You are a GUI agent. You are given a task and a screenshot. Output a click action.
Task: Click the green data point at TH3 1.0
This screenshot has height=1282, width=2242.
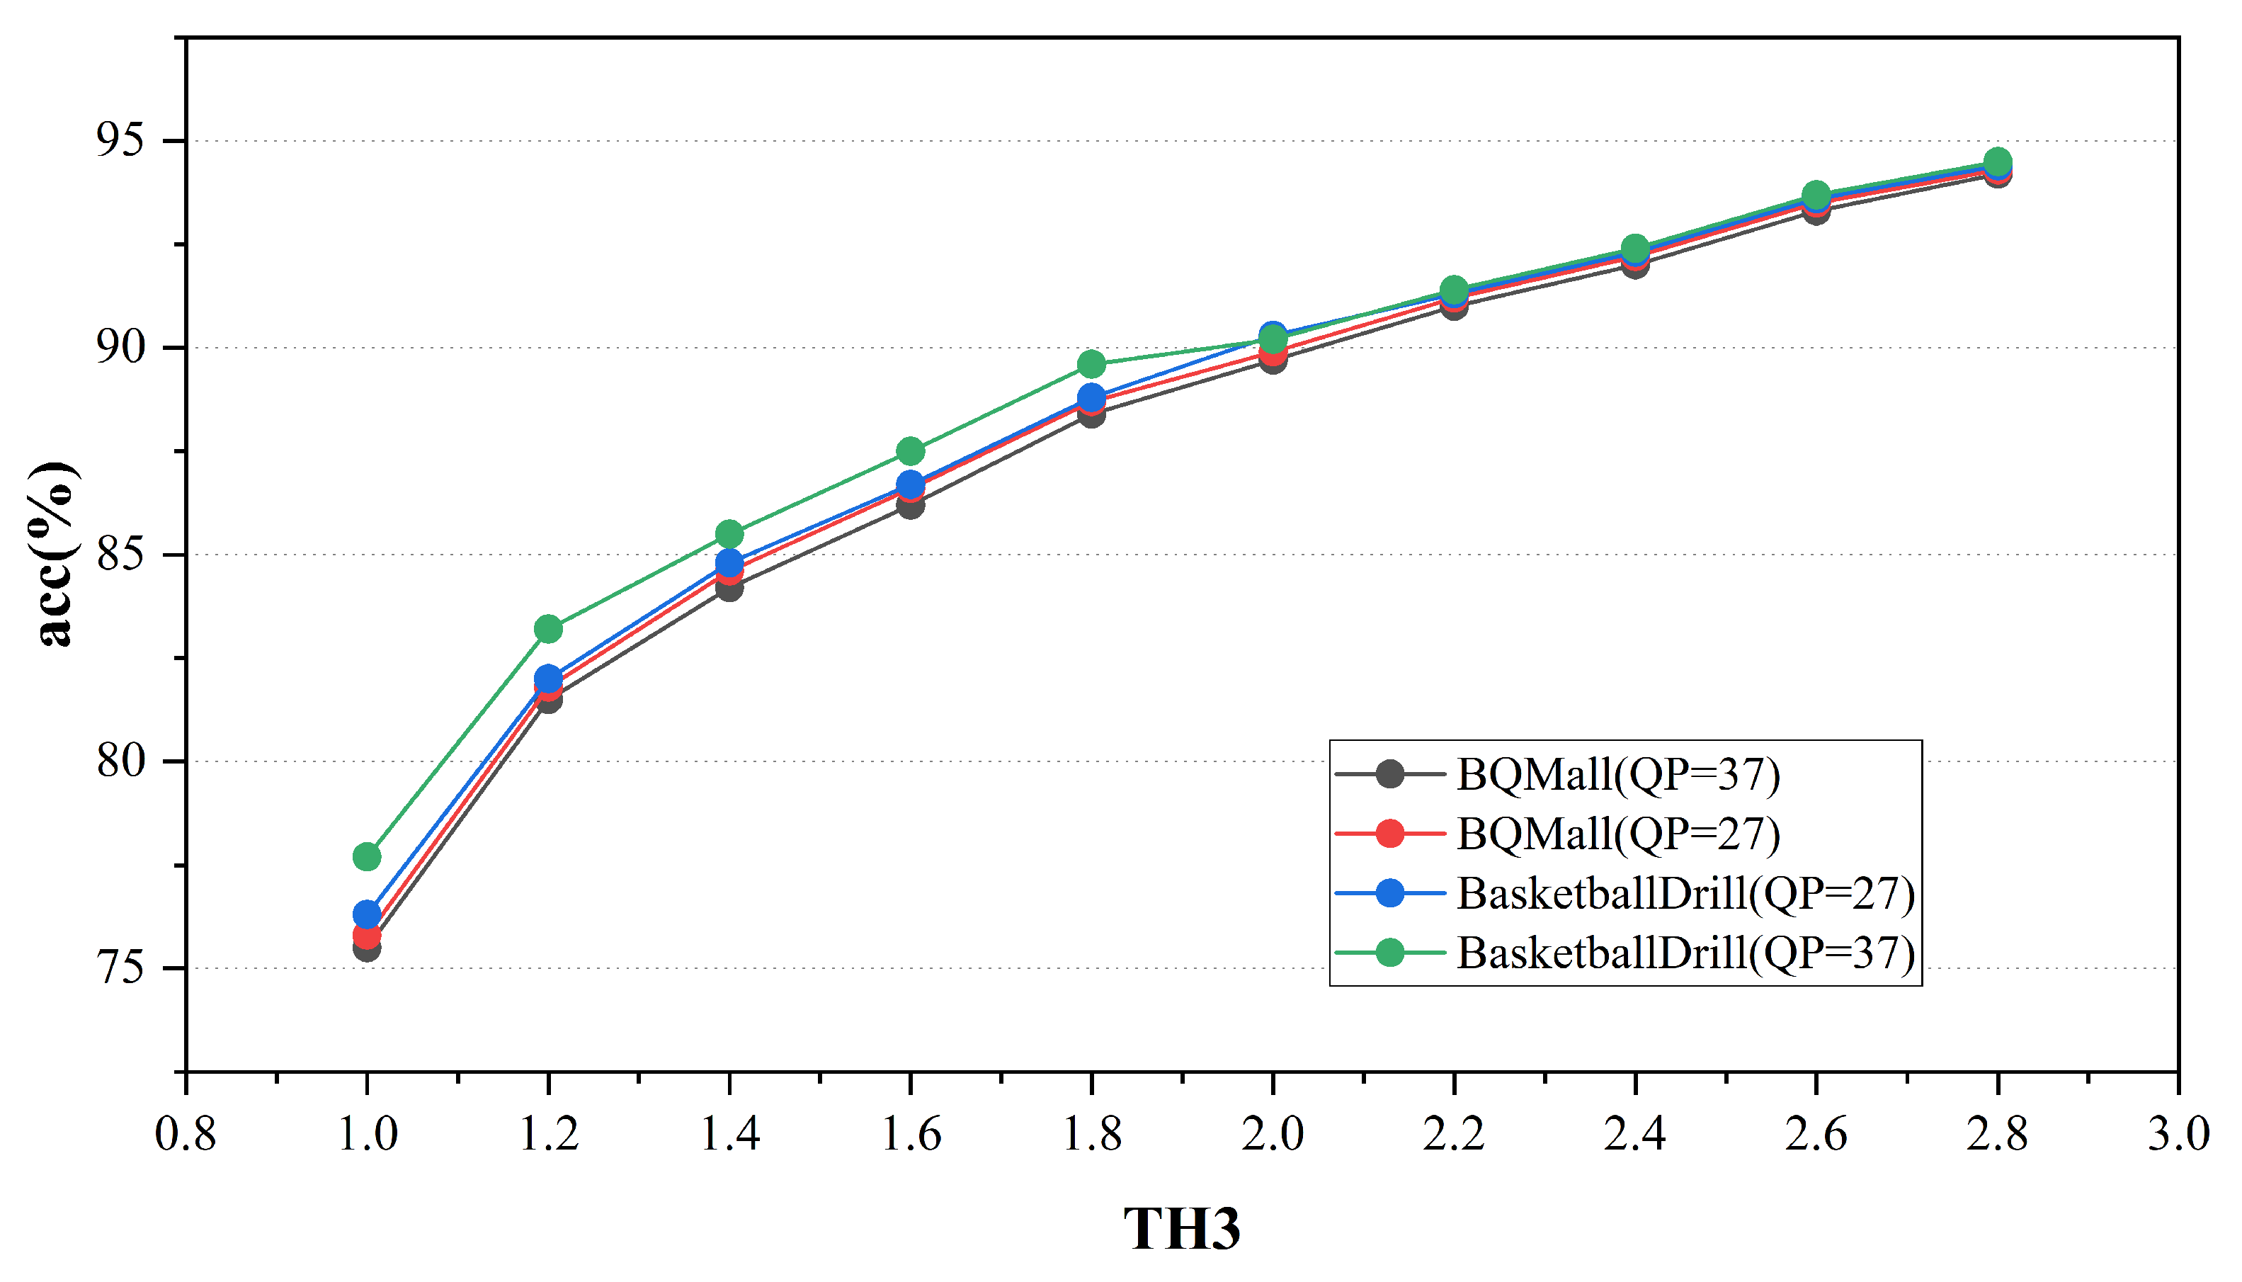coord(367,857)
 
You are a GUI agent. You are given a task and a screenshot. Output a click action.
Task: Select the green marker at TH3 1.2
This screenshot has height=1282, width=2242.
coord(548,629)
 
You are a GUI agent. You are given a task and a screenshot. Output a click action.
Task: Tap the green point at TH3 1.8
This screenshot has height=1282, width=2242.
coord(1091,363)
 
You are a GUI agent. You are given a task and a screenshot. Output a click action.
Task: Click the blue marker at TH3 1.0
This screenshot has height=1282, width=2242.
coord(367,914)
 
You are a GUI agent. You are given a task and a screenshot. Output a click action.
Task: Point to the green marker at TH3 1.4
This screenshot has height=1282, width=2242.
coord(729,535)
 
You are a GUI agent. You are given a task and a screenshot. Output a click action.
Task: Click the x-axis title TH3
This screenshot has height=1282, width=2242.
coord(1182,1228)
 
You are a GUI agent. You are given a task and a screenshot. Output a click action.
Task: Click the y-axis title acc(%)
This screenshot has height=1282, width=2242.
coord(55,555)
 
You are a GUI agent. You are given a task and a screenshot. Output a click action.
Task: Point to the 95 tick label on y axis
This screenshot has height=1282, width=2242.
coord(120,141)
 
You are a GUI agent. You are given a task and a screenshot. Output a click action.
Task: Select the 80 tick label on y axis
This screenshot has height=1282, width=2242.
coord(120,761)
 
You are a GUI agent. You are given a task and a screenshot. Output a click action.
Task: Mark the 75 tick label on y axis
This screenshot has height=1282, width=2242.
coord(120,968)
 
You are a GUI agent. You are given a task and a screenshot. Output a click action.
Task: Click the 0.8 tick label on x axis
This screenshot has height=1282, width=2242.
coord(186,1134)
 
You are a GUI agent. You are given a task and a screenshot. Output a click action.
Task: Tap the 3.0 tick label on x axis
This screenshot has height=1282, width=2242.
coord(2178,1134)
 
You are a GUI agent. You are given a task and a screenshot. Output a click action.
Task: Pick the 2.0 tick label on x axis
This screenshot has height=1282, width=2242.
coord(1272,1134)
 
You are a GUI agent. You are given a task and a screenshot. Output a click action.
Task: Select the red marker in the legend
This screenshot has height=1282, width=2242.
coord(1390,834)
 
